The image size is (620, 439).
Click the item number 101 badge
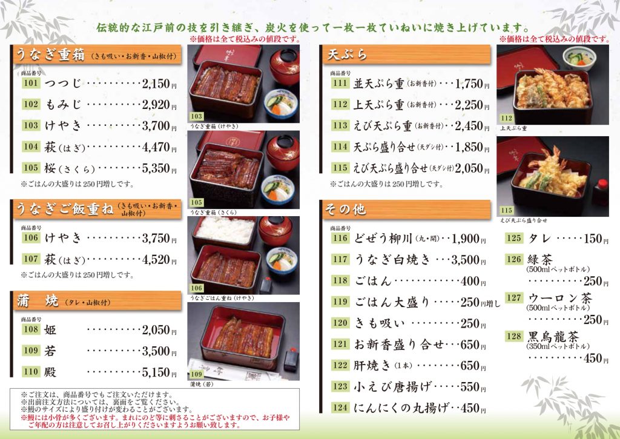tap(31, 83)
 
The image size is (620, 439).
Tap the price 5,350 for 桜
tap(156, 168)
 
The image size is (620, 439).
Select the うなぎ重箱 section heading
tap(50, 54)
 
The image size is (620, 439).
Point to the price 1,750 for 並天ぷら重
tap(469, 84)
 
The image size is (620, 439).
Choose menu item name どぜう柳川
tap(383, 239)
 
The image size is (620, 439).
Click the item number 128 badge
tap(514, 336)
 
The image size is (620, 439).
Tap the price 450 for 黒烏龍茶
tap(593, 358)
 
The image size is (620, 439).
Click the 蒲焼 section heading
tap(38, 301)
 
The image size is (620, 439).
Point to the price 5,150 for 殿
tap(156, 372)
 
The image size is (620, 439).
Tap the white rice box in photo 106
tap(225, 232)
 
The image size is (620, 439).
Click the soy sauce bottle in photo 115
tap(601, 192)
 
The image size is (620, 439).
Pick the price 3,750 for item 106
tap(156, 238)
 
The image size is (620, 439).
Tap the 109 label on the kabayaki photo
tap(196, 374)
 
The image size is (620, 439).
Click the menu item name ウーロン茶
tap(560, 298)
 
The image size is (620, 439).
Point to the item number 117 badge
tap(340, 259)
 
